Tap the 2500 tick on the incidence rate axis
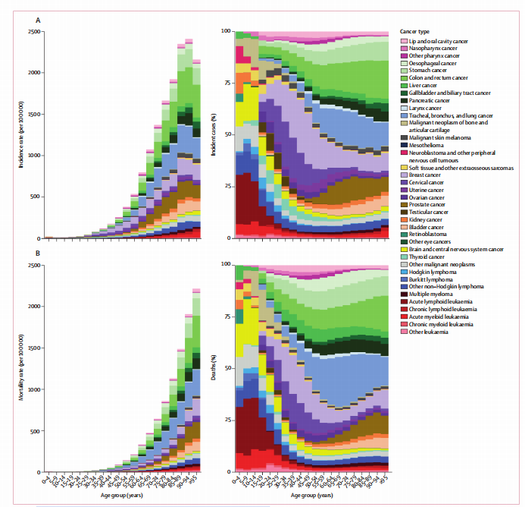click(x=35, y=31)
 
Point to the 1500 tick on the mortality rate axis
click(x=35, y=348)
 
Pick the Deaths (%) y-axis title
click(x=216, y=368)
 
